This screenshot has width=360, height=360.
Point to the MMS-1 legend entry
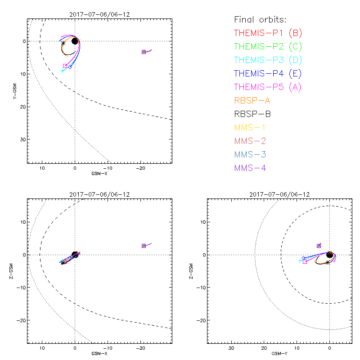252,127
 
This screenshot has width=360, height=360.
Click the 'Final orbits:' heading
260,19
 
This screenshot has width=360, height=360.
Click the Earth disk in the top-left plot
75,41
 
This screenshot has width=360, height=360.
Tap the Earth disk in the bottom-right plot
330,255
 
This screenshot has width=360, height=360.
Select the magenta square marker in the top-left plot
65,66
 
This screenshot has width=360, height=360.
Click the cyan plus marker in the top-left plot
62,71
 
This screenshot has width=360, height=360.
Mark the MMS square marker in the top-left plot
144,52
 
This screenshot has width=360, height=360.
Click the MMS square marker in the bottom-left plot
144,246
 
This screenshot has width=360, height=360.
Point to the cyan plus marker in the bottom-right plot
300,261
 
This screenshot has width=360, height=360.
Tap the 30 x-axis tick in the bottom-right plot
231,348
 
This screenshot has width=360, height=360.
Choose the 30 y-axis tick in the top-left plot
22,139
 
